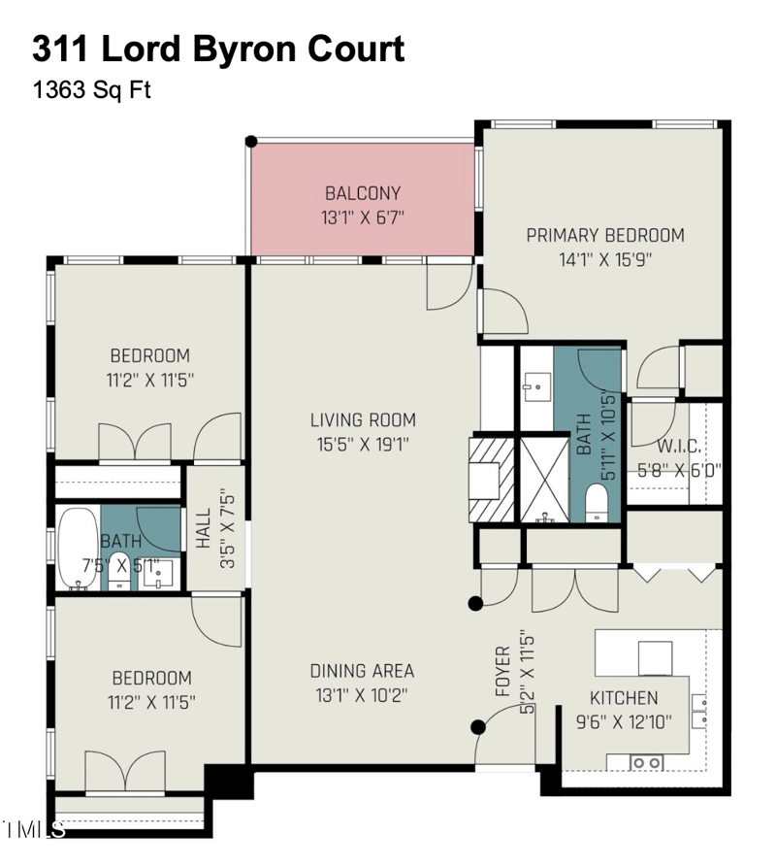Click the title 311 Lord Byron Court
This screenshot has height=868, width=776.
pyautogui.click(x=218, y=48)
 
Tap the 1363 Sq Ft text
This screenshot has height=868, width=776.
pyautogui.click(x=91, y=90)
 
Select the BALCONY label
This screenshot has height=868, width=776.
pyautogui.click(x=363, y=193)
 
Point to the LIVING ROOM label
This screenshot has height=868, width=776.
pyautogui.click(x=363, y=420)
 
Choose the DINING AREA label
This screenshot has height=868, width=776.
pyautogui.click(x=362, y=671)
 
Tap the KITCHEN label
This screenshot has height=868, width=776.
pyautogui.click(x=624, y=698)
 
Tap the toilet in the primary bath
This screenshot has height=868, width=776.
pyautogui.click(x=597, y=501)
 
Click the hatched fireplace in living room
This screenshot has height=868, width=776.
pyautogui.click(x=491, y=480)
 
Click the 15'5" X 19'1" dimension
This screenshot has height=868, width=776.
pyautogui.click(x=363, y=445)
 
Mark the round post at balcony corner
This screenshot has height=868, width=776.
pyautogui.click(x=250, y=142)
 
